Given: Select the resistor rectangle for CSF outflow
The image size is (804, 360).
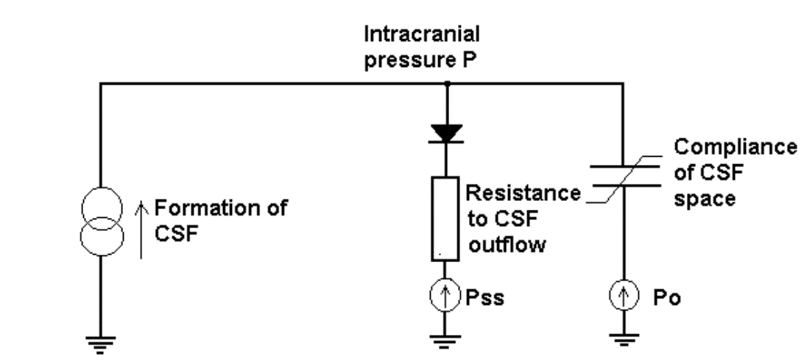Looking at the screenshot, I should [445, 219].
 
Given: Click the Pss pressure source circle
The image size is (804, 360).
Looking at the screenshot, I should [445, 300].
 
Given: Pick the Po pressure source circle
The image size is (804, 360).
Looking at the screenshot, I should [623, 299].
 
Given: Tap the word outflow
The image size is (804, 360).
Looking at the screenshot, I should [507, 244].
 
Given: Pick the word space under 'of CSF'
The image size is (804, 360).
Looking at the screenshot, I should [705, 198].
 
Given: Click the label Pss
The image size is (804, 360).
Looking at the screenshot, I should [485, 300].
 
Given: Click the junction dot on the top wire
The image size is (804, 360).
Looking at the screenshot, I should [445, 84].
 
